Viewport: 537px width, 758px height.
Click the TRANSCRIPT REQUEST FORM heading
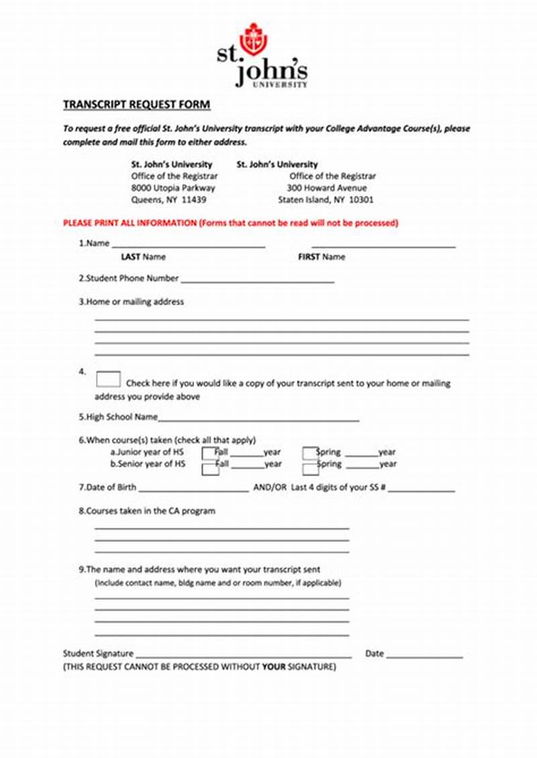(136, 105)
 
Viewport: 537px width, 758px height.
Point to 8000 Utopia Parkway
(173, 188)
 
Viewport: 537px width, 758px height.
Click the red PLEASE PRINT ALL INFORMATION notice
(230, 223)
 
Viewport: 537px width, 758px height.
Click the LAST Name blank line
(189, 247)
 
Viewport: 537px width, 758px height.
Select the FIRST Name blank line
(383, 247)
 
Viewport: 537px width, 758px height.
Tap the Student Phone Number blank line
(257, 282)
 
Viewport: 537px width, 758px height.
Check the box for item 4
(108, 379)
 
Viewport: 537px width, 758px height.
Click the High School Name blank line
(258, 420)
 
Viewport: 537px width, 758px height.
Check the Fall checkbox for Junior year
(210, 454)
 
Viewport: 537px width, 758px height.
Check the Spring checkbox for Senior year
(309, 467)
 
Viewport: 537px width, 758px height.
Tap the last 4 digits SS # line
(422, 491)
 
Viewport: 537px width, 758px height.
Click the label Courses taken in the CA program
(147, 511)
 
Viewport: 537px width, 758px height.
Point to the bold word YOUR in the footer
(274, 667)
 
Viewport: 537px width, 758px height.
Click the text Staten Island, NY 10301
(326, 200)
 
